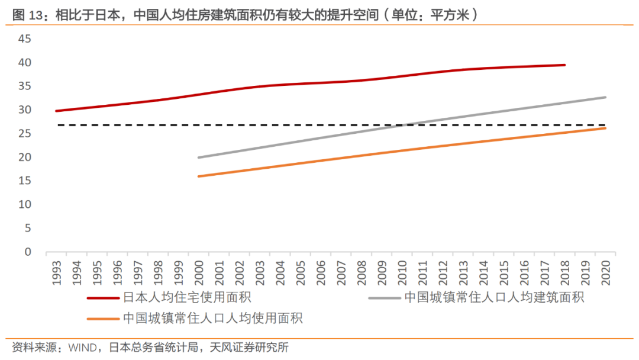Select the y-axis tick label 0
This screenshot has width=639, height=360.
(x=28, y=252)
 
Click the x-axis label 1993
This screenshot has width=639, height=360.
(x=57, y=272)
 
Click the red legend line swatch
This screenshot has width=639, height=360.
(x=103, y=298)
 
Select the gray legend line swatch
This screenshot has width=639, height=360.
(x=384, y=298)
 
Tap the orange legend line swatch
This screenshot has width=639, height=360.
(x=103, y=319)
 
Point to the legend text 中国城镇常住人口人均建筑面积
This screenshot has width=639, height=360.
(x=494, y=298)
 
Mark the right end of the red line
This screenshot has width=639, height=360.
(x=564, y=65)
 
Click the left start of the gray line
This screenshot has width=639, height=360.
(x=199, y=157)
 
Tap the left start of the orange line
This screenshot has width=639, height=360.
(x=199, y=176)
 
